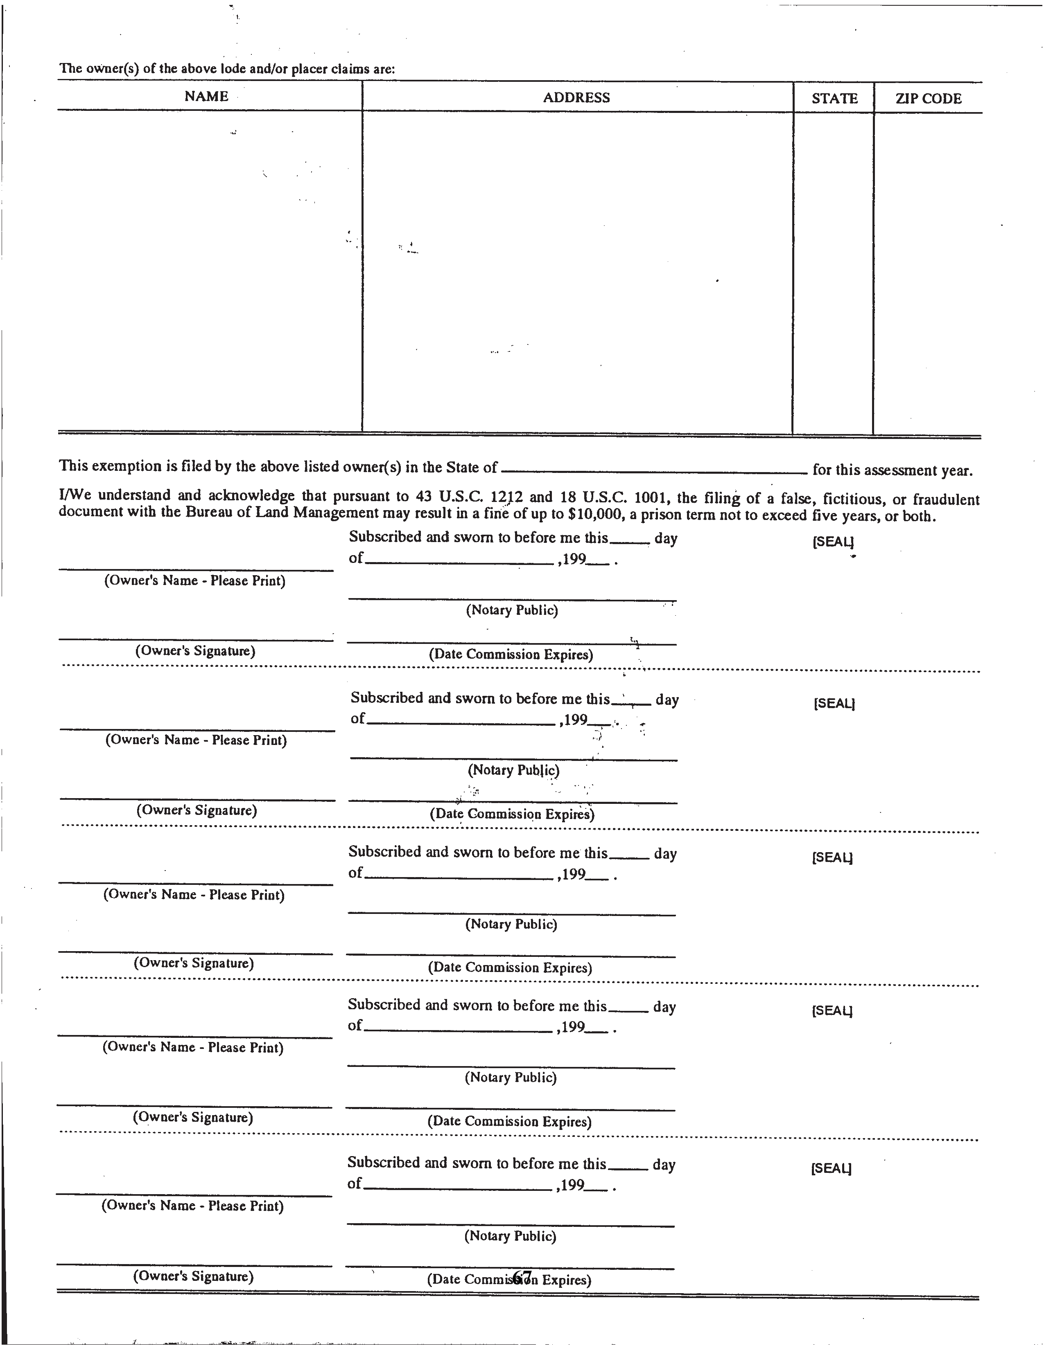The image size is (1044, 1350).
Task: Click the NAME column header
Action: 207,97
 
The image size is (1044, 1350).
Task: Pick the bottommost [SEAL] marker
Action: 831,1168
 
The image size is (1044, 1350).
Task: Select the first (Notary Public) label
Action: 512,610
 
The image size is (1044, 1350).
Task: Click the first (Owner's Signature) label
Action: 195,651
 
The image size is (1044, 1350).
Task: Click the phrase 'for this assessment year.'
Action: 893,470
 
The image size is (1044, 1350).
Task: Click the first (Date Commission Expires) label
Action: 511,655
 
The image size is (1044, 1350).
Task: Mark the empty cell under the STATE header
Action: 833,272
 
